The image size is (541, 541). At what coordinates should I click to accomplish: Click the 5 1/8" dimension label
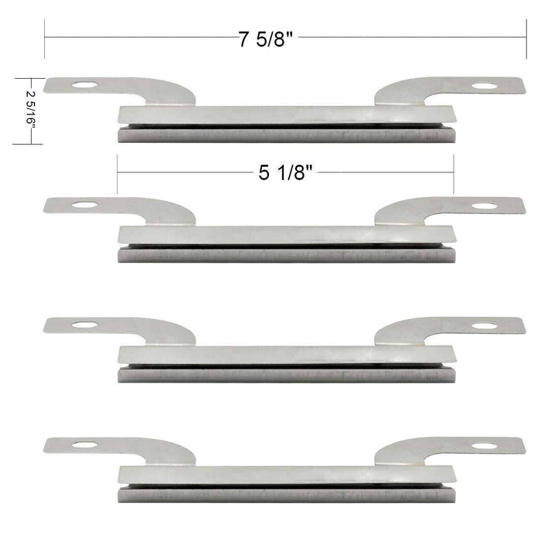pos(284,173)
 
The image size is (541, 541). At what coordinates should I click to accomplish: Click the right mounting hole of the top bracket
pos(485,86)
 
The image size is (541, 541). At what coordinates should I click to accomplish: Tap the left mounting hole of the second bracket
pos(86,206)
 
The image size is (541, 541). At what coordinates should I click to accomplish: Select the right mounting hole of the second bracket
pos(485,206)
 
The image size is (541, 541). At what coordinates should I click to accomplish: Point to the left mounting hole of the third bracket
pos(86,325)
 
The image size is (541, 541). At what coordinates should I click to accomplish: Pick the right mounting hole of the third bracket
pos(485,325)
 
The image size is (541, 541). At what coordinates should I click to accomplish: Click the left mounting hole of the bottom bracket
pos(86,444)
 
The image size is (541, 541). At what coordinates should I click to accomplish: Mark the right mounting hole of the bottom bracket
pos(485,445)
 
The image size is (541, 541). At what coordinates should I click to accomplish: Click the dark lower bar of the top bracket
pos(284,135)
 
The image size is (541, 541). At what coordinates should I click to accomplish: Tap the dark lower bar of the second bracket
pos(284,256)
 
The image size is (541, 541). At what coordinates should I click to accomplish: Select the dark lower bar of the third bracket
pos(284,375)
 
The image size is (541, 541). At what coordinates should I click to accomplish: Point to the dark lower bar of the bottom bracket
pos(284,495)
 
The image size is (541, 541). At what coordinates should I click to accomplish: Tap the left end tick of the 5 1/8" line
pos(117,173)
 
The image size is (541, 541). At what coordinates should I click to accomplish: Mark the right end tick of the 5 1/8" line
pos(454,173)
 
